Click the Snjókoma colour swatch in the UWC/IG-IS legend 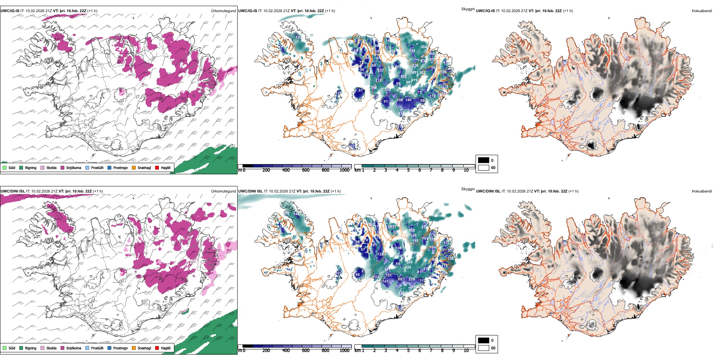[x=63, y=167]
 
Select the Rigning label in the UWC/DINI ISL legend [x=31, y=348]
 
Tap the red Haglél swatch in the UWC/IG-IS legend [x=157, y=167]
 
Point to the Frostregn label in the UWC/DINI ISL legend [x=121, y=348]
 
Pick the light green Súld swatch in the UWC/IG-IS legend [x=5, y=167]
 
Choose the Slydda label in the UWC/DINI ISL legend [x=52, y=348]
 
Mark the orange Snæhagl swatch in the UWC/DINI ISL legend [x=134, y=348]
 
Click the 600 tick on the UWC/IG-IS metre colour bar [x=306, y=170]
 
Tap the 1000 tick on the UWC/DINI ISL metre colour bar [x=344, y=351]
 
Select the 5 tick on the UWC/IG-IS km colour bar [x=409, y=170]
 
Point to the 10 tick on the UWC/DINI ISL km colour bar [x=466, y=351]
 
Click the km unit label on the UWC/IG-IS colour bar [x=357, y=170]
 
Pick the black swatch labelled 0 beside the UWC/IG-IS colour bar [x=484, y=160]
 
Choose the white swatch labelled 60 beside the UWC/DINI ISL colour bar [x=484, y=348]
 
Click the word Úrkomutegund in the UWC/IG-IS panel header [x=223, y=11]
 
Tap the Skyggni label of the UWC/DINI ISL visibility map [x=468, y=189]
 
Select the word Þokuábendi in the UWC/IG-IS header [x=702, y=11]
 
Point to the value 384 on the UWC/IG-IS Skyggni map [x=424, y=47]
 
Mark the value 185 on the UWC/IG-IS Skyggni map [x=299, y=38]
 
